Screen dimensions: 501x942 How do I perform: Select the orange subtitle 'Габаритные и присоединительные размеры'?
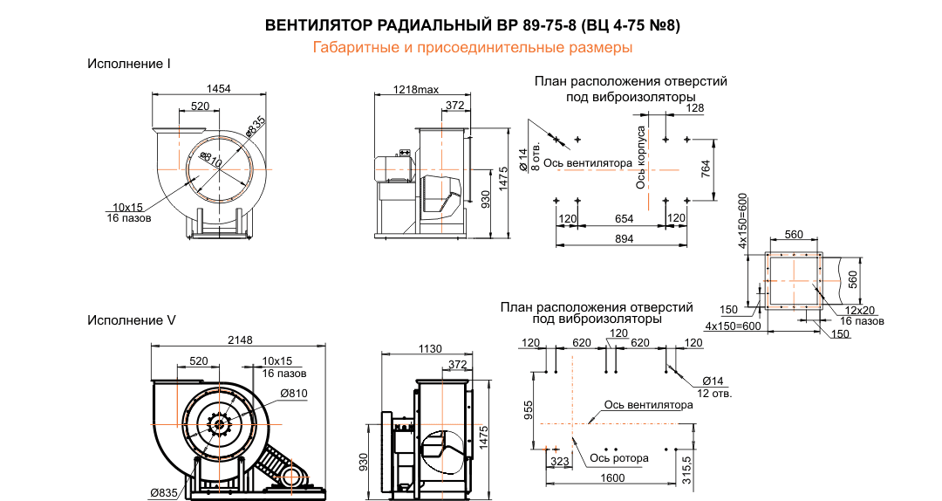pyautogui.click(x=472, y=47)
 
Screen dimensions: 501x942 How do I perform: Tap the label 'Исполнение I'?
pyautogui.click(x=128, y=64)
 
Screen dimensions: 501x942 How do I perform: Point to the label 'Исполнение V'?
pyautogui.click(x=131, y=320)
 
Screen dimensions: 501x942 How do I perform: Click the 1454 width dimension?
pyautogui.click(x=218, y=89)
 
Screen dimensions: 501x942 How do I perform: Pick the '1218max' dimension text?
pyautogui.click(x=416, y=90)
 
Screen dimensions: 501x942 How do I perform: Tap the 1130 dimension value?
pyautogui.click(x=429, y=349)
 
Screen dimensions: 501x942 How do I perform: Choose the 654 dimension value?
pyautogui.click(x=623, y=217)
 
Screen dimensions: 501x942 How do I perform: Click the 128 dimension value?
pyautogui.click(x=694, y=107)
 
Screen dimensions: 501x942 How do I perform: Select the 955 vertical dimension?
pyautogui.click(x=528, y=411)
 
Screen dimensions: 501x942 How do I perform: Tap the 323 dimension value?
pyautogui.click(x=559, y=459)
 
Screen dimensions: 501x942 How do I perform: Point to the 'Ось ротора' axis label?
pyautogui.click(x=618, y=457)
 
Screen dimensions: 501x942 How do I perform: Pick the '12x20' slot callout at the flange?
pyautogui.click(x=858, y=311)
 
